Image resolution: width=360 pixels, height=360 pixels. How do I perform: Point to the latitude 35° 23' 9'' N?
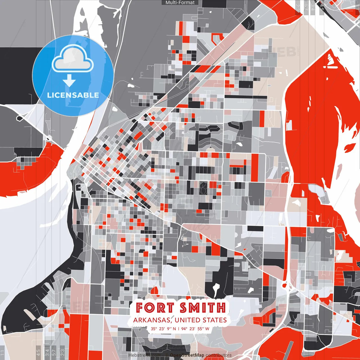163,328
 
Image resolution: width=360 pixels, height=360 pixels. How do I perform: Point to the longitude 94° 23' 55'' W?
195,328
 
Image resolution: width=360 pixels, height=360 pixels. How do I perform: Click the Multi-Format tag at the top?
180,3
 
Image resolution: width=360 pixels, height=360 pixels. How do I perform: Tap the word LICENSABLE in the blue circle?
73,95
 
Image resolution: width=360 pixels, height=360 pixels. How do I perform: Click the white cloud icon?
73,59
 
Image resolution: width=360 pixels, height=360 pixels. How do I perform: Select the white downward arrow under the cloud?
69,81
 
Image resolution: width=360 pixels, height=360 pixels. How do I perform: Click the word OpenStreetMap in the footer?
187,355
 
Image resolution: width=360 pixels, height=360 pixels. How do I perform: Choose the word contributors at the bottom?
219,355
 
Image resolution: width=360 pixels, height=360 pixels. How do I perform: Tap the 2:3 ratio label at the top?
298,7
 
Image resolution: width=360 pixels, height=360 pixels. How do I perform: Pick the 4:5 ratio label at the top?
322,7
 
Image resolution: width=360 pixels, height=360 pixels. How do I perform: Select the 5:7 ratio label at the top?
306,7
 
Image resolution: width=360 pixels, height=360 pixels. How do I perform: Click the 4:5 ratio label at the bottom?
38,352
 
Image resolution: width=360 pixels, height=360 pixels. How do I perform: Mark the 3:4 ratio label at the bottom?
47,352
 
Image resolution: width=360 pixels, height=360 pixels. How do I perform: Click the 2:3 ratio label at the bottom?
62,352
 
